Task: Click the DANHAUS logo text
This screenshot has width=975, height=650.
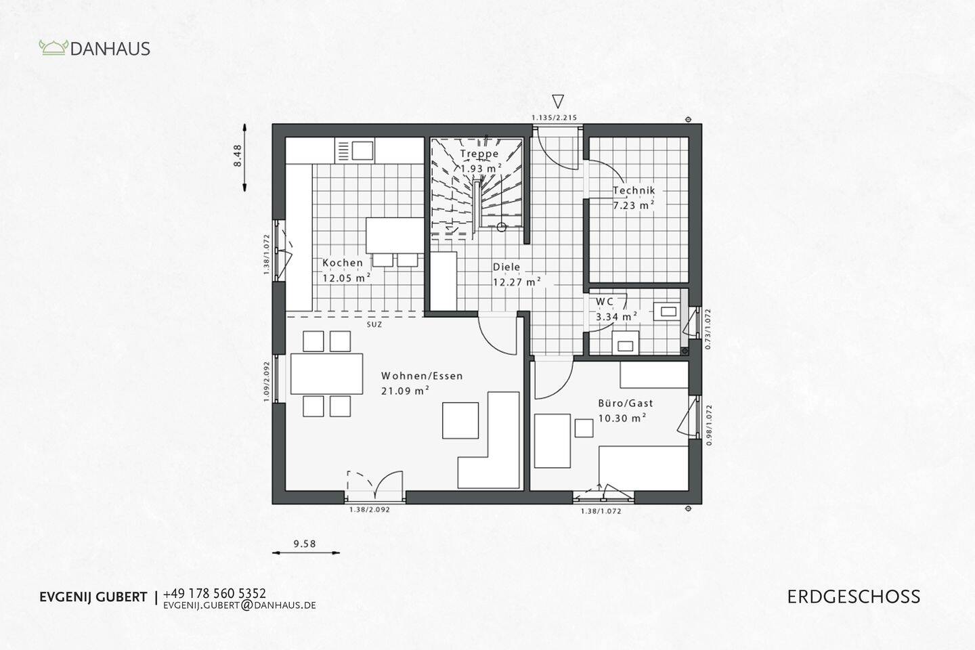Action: (110, 49)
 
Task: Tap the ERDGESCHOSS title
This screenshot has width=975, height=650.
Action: (853, 597)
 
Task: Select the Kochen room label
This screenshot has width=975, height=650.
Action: (342, 263)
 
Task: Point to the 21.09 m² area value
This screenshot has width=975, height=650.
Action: (406, 390)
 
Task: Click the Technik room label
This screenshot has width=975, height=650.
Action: (634, 191)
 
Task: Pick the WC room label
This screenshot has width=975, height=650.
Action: (605, 302)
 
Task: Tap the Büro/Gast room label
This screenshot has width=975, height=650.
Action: (625, 403)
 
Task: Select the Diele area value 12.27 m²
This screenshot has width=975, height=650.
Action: (516, 282)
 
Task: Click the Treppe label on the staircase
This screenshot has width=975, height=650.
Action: (479, 154)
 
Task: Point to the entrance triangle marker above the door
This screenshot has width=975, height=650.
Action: (557, 102)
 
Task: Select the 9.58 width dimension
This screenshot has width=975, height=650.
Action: (305, 543)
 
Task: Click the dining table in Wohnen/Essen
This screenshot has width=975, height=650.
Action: (326, 373)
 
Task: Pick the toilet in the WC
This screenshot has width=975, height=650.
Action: (624, 343)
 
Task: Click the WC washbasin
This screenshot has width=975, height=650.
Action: (668, 311)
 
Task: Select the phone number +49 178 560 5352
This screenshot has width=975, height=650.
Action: (215, 593)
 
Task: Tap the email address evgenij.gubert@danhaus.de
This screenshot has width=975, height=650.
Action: (240, 605)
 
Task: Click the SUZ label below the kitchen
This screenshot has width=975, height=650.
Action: (374, 324)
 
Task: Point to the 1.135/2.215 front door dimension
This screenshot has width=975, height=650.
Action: (554, 118)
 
